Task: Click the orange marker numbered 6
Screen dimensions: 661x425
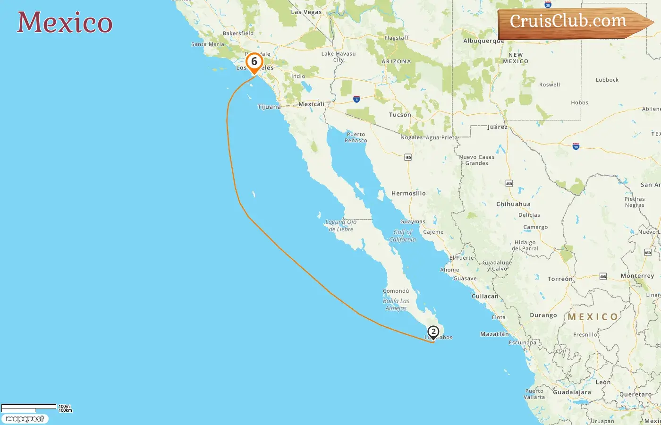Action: [x=254, y=62]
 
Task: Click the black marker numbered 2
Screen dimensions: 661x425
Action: [x=433, y=332]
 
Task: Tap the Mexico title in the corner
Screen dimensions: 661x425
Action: [x=65, y=23]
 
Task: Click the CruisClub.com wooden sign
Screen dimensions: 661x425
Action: [x=571, y=22]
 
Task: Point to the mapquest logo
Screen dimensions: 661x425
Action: [x=25, y=419]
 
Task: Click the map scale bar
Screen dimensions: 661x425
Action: [x=29, y=408]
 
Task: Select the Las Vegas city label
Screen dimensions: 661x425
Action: [x=306, y=12]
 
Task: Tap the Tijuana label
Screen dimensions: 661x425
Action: [x=269, y=107]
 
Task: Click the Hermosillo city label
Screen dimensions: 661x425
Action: [x=408, y=193]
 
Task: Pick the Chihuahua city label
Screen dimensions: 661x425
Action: [x=513, y=204]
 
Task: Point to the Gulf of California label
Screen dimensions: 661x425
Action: [x=403, y=236]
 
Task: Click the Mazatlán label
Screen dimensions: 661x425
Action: [x=494, y=334]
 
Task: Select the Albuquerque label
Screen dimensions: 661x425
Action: [x=483, y=41]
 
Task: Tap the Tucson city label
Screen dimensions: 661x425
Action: [x=400, y=115]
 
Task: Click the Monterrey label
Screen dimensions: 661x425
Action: [x=637, y=276]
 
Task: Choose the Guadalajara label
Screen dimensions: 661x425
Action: [x=572, y=392]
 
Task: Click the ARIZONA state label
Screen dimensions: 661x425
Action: [x=396, y=61]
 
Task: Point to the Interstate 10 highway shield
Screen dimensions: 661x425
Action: [x=576, y=147]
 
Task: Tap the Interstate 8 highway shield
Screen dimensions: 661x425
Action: [x=356, y=99]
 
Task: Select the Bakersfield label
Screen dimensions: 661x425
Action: [x=238, y=34]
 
